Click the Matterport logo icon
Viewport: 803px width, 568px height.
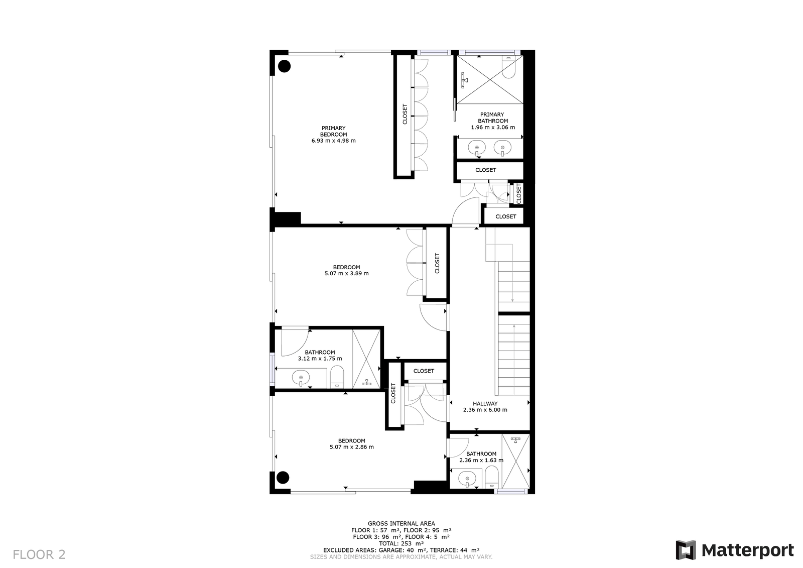click(686, 550)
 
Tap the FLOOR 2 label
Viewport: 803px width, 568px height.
click(39, 554)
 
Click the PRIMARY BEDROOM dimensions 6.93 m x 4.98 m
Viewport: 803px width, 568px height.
click(333, 141)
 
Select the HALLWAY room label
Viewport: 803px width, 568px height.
click(485, 403)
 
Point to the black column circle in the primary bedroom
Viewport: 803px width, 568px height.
click(284, 66)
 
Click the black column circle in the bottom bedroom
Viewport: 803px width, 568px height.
click(283, 478)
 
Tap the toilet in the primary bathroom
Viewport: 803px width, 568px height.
click(508, 67)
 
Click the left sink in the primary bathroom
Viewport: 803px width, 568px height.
click(477, 148)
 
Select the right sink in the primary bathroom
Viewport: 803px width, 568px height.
click(502, 148)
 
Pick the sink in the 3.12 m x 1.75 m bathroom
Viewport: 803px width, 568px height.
click(301, 378)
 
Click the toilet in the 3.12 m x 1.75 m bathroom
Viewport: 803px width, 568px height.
click(337, 377)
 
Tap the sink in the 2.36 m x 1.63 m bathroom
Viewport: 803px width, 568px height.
click(467, 479)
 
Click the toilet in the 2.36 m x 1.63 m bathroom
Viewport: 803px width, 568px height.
click(491, 477)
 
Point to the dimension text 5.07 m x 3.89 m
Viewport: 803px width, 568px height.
click(346, 273)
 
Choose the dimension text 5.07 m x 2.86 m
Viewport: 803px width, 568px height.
click(352, 447)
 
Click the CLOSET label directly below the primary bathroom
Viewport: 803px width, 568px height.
click(486, 170)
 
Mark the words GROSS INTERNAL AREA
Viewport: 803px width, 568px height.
click(401, 523)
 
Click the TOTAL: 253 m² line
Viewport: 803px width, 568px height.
click(401, 543)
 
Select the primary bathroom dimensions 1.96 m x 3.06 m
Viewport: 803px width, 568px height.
click(493, 128)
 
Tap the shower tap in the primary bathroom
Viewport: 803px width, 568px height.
click(465, 80)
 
